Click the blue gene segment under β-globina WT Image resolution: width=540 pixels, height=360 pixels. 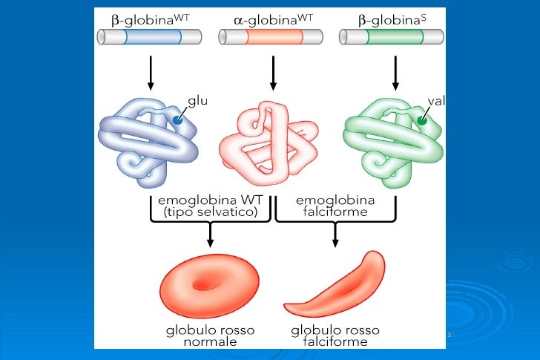coord(153,37)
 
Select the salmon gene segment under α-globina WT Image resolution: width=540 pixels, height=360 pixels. coord(274,37)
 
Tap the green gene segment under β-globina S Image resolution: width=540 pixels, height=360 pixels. coord(395,37)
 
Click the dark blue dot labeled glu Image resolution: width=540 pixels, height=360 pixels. coord(177,120)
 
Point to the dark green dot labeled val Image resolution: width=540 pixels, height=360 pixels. coord(422,120)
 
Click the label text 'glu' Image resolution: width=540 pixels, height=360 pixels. coord(197,101)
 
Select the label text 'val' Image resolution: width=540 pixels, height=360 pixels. coord(436,101)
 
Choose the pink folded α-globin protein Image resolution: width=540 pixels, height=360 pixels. coord(269,143)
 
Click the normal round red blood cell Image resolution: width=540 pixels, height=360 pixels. coord(209,286)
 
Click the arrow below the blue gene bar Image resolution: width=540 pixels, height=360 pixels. coord(151,73)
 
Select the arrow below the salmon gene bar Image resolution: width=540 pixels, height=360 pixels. coord(273,73)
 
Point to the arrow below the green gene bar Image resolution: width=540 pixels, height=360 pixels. coord(395,73)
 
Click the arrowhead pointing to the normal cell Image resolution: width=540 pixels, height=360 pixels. coord(210,243)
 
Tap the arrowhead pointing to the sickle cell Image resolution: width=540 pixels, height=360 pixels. coord(335,243)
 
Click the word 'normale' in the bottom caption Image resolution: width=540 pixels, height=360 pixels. coord(210,342)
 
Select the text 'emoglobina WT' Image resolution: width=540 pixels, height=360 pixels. coord(211,200)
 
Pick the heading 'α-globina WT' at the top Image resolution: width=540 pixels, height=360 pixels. coord(274,20)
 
